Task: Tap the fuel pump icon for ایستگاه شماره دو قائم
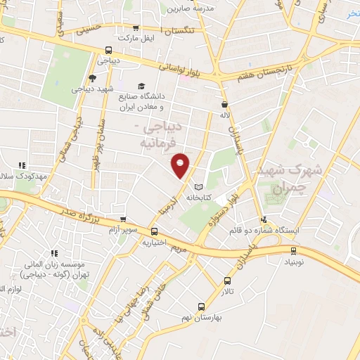pos(264,219)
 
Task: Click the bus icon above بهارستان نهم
pos(202,306)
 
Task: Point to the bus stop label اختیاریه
pos(154,243)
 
